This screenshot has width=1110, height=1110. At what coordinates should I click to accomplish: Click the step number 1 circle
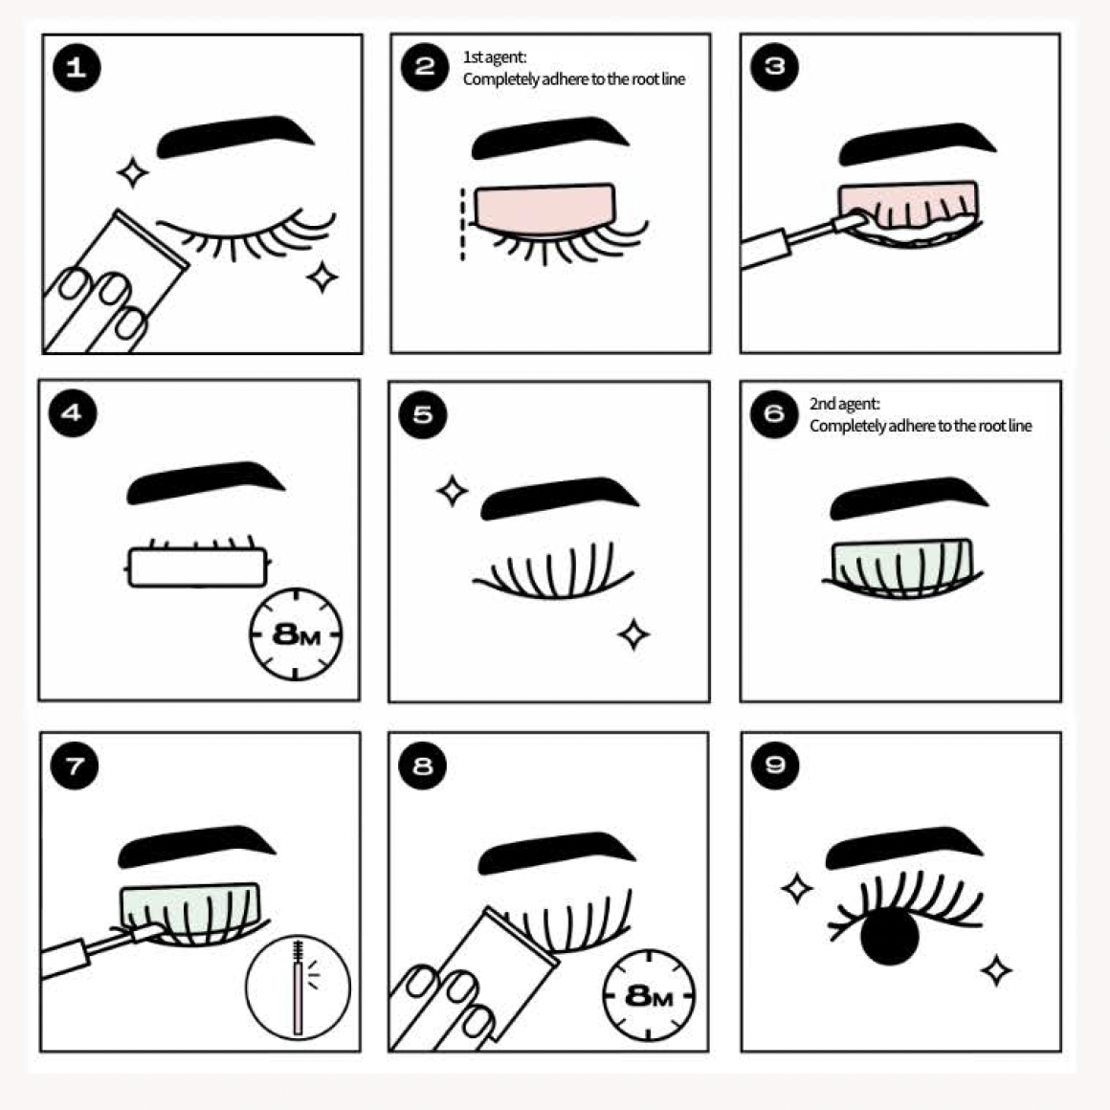click(x=76, y=67)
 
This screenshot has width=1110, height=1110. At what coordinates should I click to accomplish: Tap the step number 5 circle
click(x=423, y=414)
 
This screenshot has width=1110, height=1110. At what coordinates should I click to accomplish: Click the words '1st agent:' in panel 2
click(x=495, y=57)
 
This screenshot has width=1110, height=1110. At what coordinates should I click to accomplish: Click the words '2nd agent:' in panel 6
click(x=845, y=404)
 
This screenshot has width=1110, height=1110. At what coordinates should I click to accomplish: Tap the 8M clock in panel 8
click(x=649, y=995)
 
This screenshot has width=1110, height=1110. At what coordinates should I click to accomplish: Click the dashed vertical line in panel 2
click(x=463, y=225)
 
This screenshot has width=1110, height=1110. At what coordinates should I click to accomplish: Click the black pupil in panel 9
click(x=890, y=935)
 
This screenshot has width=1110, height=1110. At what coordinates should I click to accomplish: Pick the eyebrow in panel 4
click(x=205, y=481)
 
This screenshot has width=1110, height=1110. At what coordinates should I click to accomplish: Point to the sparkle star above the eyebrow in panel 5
click(x=452, y=492)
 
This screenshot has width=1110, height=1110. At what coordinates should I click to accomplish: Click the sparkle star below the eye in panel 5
click(x=633, y=633)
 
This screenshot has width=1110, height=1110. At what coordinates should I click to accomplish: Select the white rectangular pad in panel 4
click(x=198, y=566)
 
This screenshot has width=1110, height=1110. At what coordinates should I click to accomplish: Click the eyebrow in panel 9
click(x=901, y=846)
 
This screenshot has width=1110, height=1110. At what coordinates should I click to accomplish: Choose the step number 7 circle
click(x=76, y=765)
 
